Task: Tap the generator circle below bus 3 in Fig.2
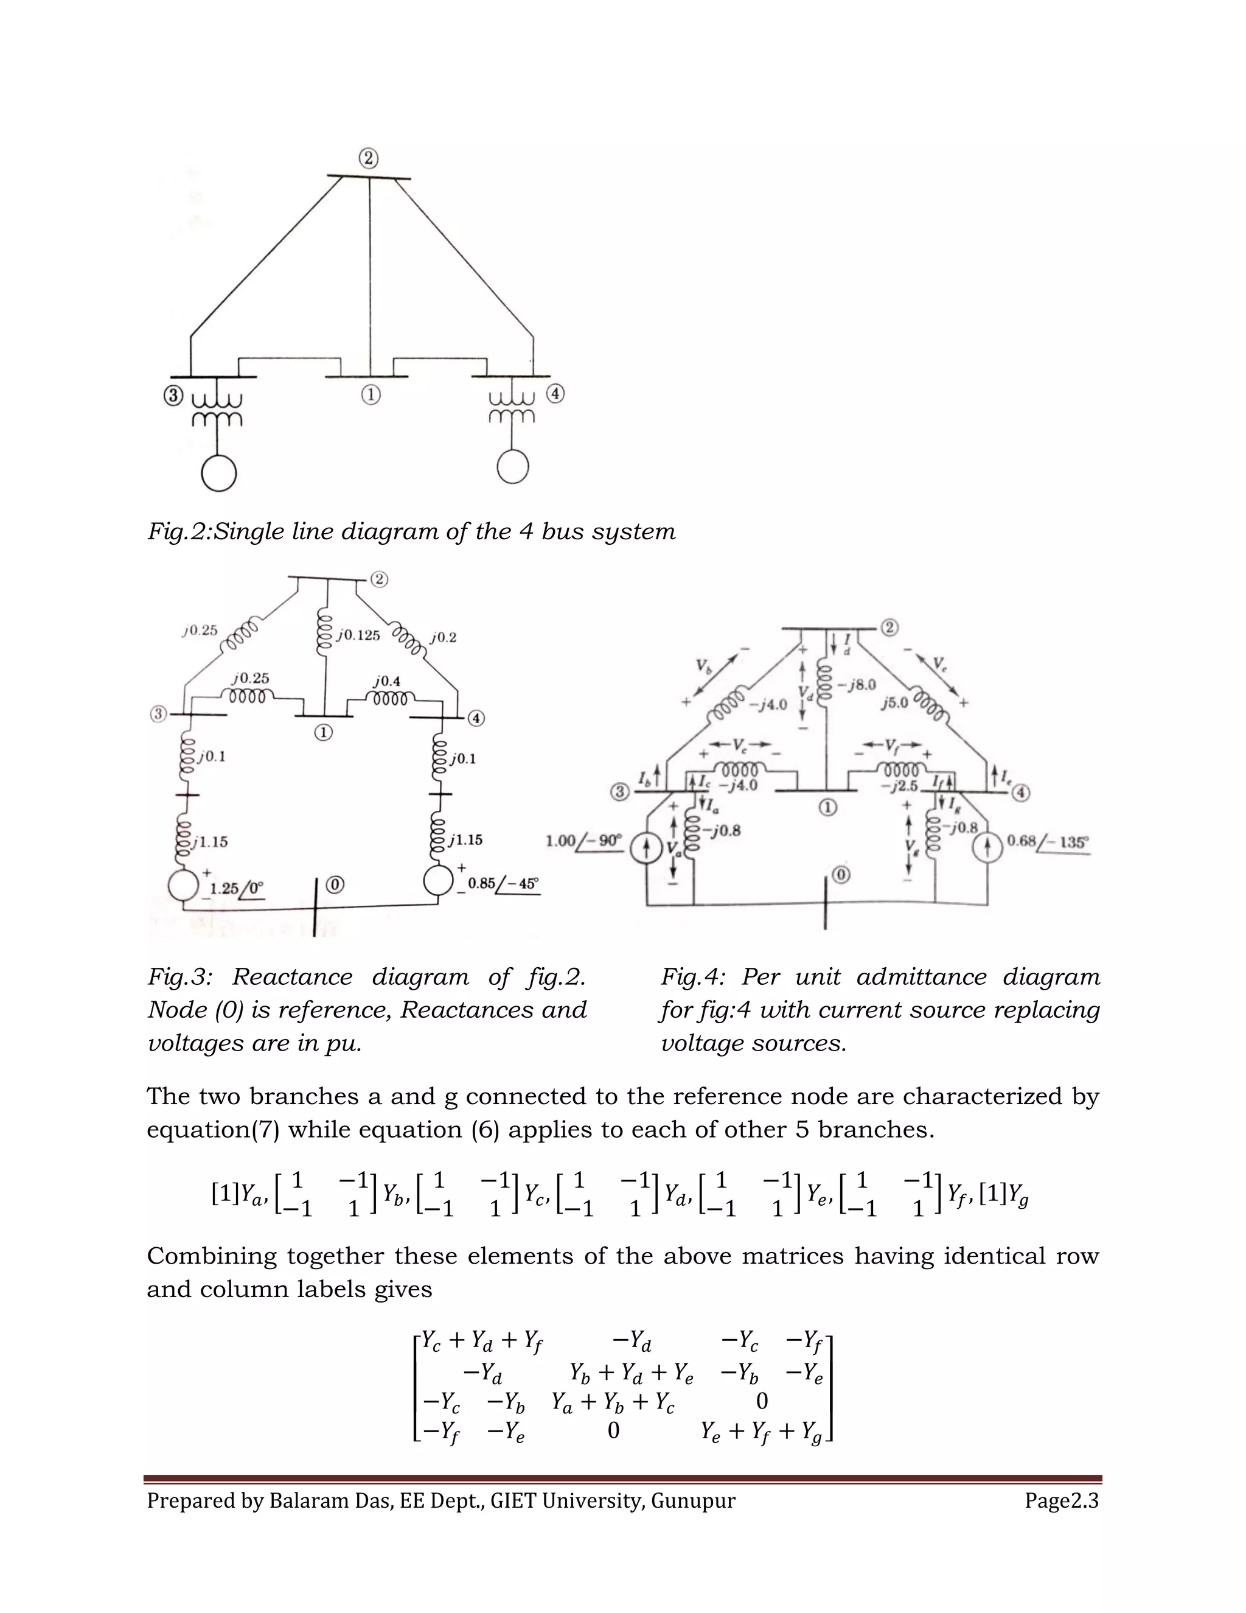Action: (218, 474)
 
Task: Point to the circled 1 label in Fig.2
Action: (371, 395)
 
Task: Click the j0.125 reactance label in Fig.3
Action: (358, 635)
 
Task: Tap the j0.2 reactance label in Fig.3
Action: (443, 637)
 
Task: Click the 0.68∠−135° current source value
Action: (1048, 841)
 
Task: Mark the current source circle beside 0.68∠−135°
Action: (990, 847)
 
